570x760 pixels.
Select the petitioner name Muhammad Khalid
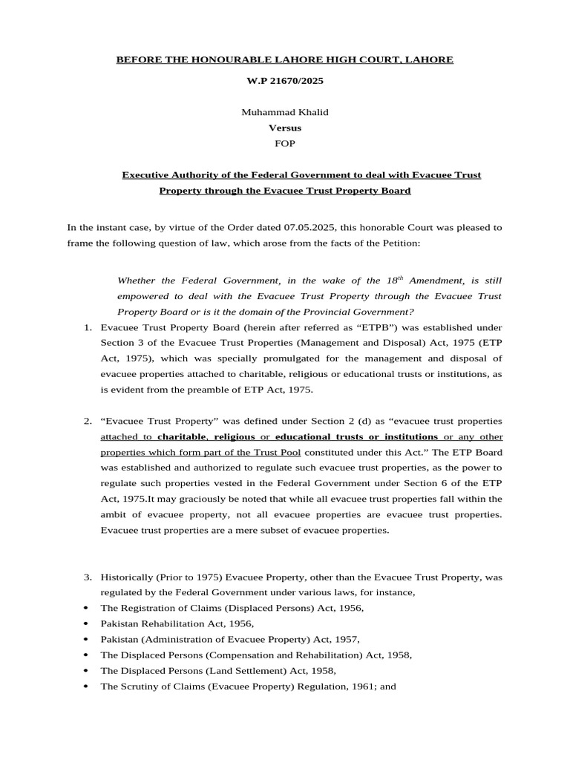[284, 112]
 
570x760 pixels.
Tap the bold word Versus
[284, 128]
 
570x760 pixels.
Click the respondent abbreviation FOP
[284, 143]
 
